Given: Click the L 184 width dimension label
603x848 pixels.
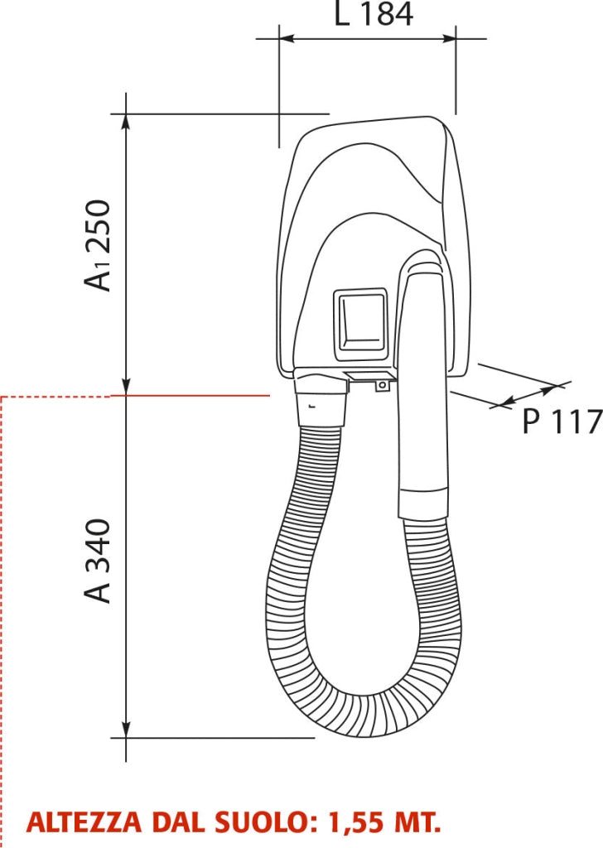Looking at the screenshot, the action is (374, 15).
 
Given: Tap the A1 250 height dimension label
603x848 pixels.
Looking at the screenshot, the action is (98, 245).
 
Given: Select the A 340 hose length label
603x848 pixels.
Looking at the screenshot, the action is (98, 561).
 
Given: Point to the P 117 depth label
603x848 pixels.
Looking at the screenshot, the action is (562, 422).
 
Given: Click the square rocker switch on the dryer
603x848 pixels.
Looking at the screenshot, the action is (360, 325).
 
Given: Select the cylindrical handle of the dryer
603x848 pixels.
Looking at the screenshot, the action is (423, 389).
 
